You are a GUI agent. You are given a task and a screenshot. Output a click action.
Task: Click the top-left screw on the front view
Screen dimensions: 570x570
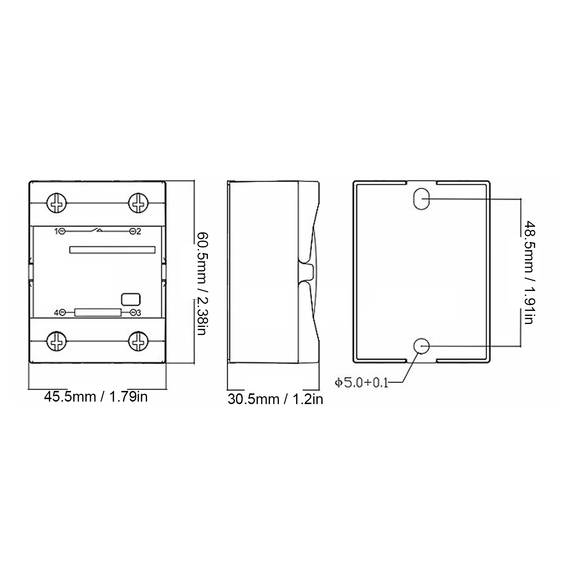[x=57, y=203]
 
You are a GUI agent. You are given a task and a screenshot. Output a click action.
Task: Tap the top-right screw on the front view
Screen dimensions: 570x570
[x=138, y=203]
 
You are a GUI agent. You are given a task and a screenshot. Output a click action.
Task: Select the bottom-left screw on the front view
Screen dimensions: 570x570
[x=57, y=341]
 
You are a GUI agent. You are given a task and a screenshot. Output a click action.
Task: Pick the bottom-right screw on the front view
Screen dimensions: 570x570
[x=138, y=341]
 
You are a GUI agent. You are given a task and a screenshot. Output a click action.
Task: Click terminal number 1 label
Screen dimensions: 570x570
[x=56, y=232]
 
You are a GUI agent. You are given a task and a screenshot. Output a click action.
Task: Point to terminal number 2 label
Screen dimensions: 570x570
[x=138, y=232]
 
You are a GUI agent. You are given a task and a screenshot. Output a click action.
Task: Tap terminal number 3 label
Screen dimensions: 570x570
[x=138, y=313]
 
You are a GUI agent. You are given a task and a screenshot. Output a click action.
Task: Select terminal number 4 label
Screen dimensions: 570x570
[x=56, y=313]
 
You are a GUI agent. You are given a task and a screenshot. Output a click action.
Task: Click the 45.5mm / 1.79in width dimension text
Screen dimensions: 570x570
[x=96, y=397]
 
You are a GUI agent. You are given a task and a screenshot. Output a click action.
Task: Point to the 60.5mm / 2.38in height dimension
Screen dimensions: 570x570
[x=202, y=284]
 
